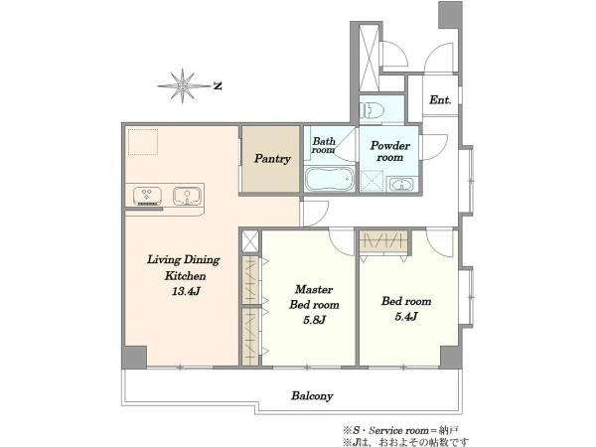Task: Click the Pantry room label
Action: point(272,159)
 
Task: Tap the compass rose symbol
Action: point(183,85)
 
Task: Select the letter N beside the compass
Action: point(218,86)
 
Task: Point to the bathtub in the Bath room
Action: point(329,179)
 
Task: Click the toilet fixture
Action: point(371,110)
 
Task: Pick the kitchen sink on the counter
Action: point(187,196)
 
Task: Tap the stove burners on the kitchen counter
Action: point(147,196)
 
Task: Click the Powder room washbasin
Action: point(401,185)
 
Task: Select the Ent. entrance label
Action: point(440,100)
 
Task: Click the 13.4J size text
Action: point(186,291)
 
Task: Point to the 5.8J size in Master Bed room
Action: point(314,320)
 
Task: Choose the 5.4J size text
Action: point(406,316)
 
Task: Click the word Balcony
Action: point(312,396)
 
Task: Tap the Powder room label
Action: point(390,151)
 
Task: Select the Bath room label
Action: point(324,145)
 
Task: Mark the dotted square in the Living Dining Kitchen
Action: point(142,142)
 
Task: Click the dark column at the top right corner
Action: point(450,15)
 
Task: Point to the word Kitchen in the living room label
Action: point(185,275)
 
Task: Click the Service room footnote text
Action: point(401,431)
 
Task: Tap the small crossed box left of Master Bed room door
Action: point(250,241)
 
